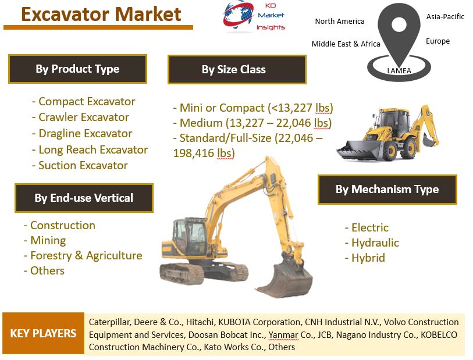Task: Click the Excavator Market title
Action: [x=101, y=14]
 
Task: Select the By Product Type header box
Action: [x=77, y=69]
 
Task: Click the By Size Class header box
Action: [x=237, y=69]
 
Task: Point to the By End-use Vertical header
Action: [x=84, y=198]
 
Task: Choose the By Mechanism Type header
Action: [x=387, y=190]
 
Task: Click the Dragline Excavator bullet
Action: [x=82, y=134]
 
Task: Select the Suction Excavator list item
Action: [x=80, y=166]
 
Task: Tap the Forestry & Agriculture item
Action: [x=83, y=256]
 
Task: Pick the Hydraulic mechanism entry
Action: [x=372, y=243]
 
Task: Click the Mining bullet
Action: [x=45, y=241]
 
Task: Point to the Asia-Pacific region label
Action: [x=445, y=17]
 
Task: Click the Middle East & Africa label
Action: [x=346, y=44]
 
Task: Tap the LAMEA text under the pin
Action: [x=399, y=71]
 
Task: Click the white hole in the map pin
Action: [x=399, y=24]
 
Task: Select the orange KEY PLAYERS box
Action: [x=43, y=333]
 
